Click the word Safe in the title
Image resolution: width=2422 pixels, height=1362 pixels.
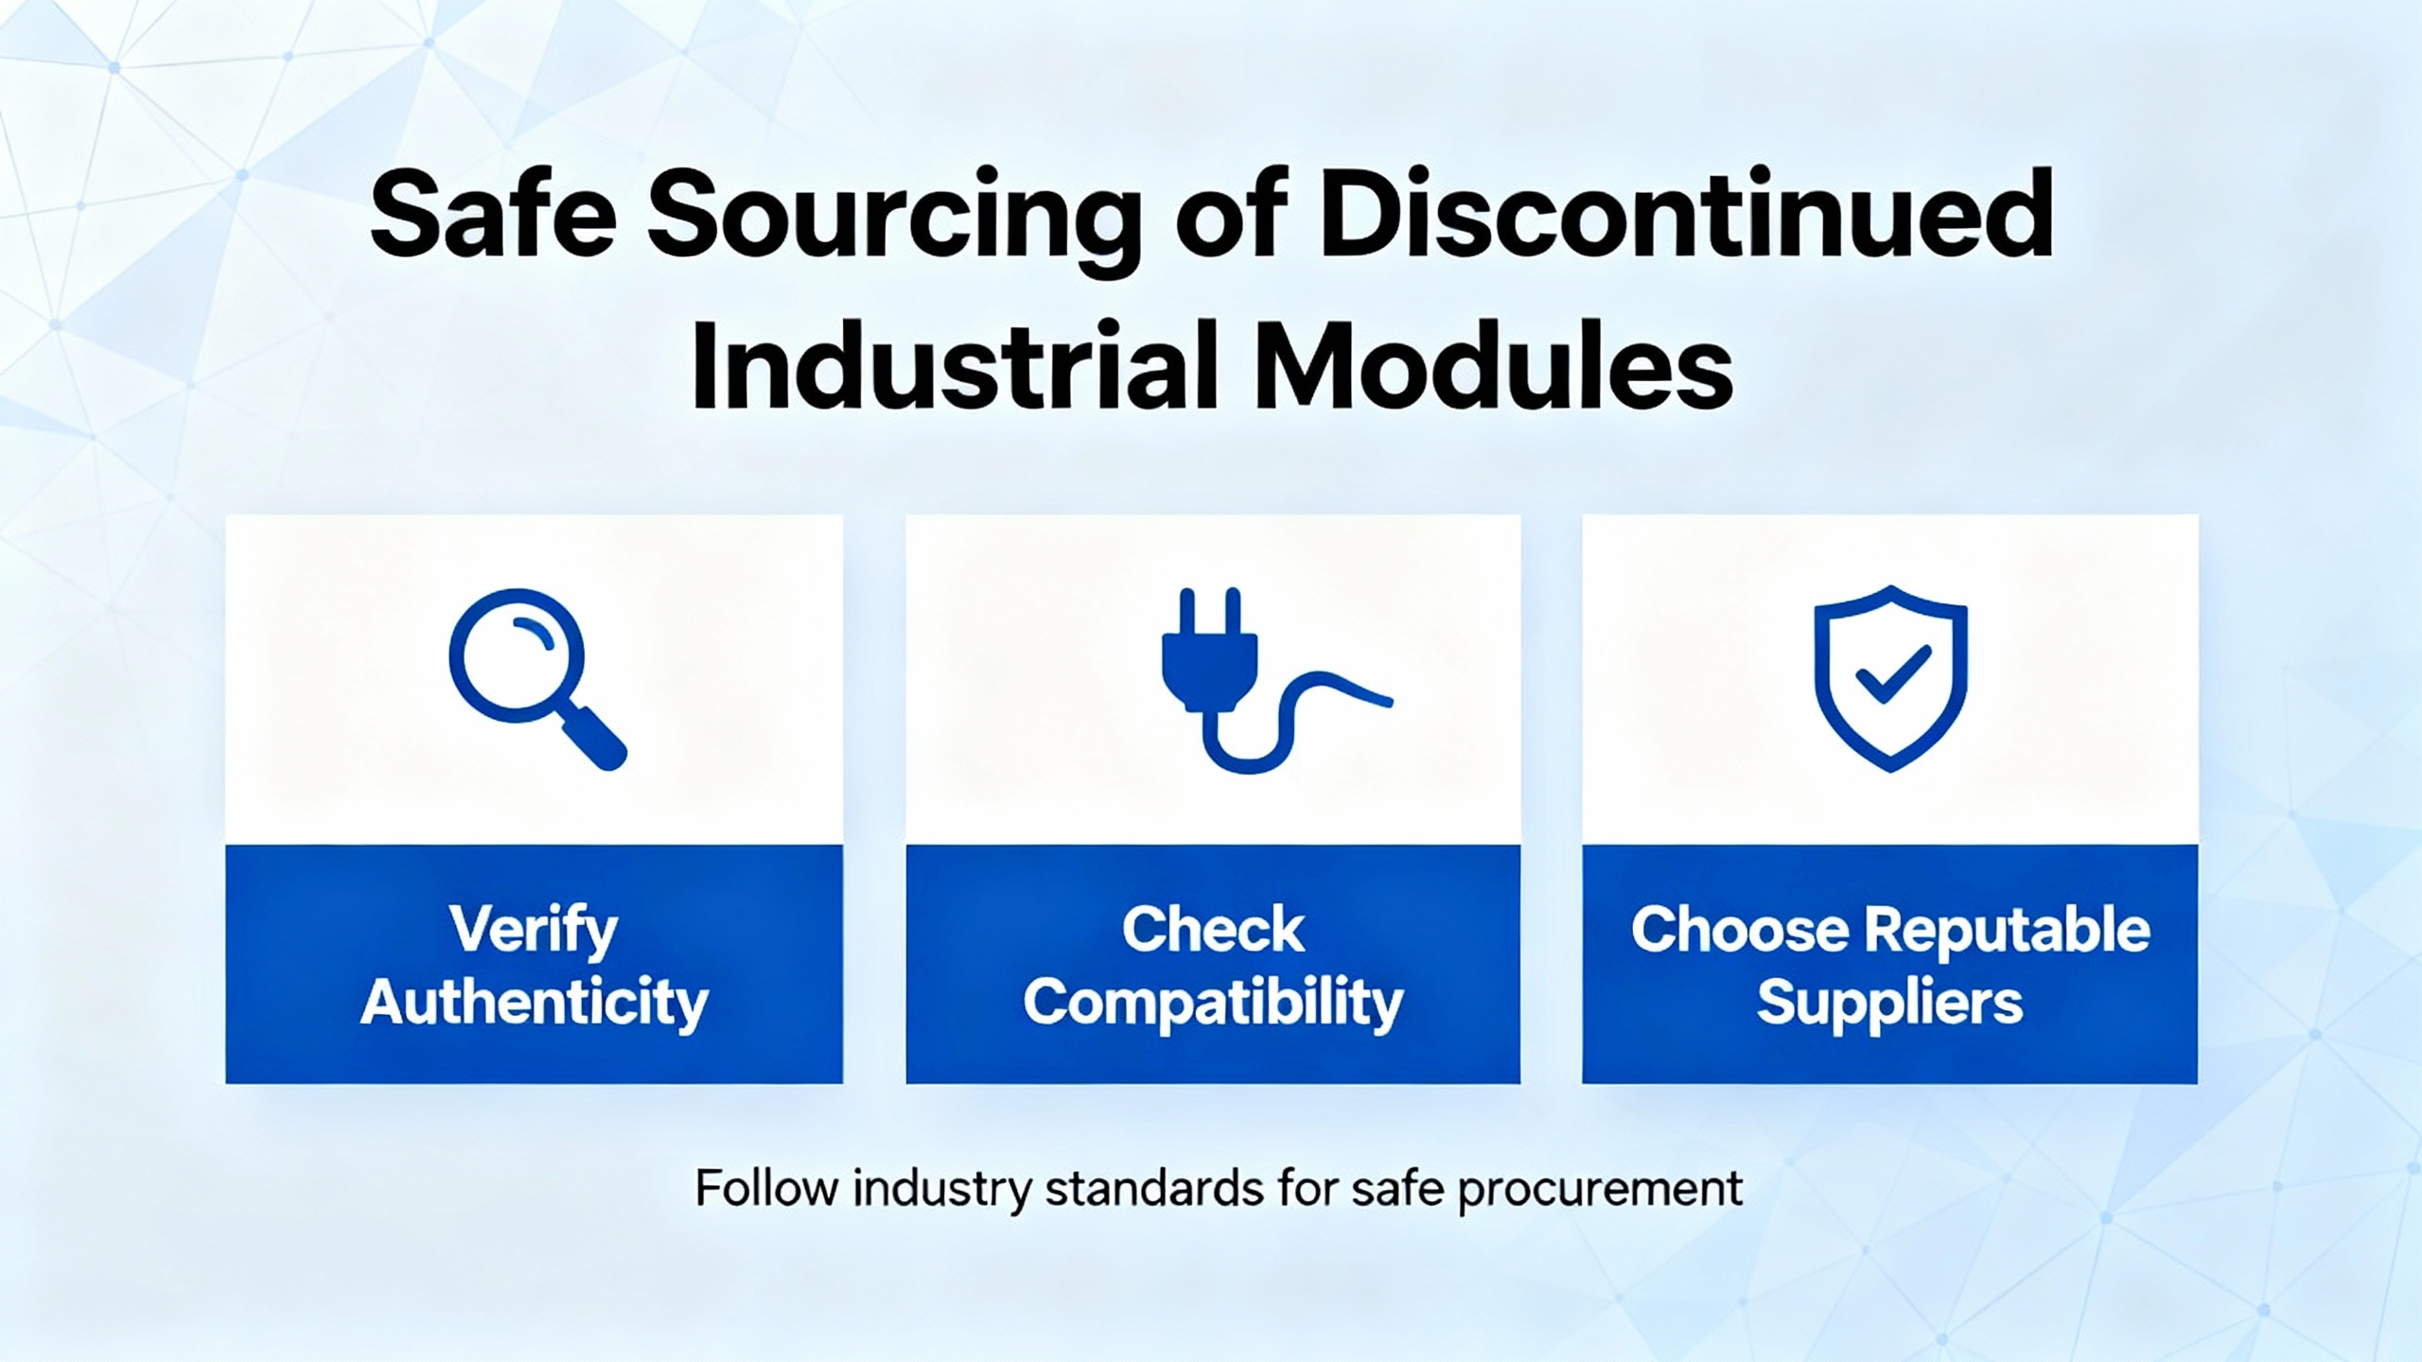(493, 216)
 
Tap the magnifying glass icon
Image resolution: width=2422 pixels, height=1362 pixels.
(536, 679)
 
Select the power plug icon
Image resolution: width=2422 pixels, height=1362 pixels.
(1276, 680)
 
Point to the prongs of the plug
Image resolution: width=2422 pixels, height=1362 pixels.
(1208, 611)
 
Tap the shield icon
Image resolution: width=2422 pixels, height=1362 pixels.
(1890, 678)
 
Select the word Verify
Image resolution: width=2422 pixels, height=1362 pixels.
(534, 931)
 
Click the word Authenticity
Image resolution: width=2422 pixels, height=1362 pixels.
(534, 1003)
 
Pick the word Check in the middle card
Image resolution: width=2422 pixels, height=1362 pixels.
(1213, 929)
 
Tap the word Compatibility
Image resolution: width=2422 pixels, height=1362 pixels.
(1213, 1003)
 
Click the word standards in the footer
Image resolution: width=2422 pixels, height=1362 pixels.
(1154, 1188)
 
